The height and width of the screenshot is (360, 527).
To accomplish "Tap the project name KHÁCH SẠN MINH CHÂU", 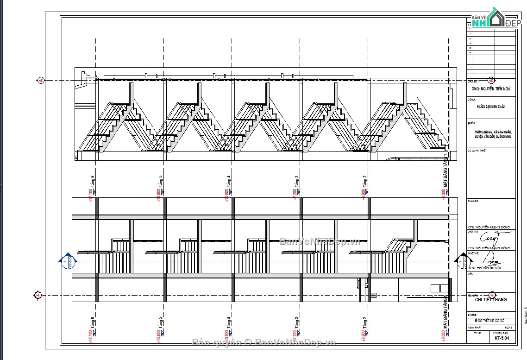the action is tap(490, 107).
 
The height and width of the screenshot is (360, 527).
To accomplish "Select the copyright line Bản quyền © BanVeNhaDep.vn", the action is tap(263, 342).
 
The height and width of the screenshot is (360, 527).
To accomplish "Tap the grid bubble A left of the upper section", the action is tap(41, 81).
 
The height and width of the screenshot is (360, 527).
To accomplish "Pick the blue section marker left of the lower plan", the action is tap(68, 261).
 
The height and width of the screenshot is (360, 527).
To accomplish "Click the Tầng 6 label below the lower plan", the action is tap(93, 323).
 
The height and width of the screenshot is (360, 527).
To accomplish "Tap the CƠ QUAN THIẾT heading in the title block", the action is tap(477, 151).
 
